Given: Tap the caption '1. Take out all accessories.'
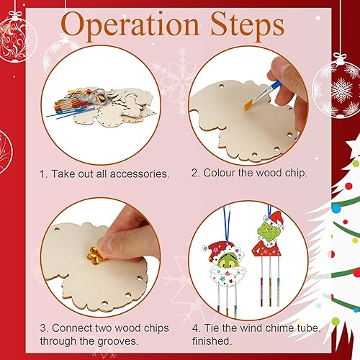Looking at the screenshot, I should (104, 174).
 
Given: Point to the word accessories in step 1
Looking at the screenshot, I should (135, 174).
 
